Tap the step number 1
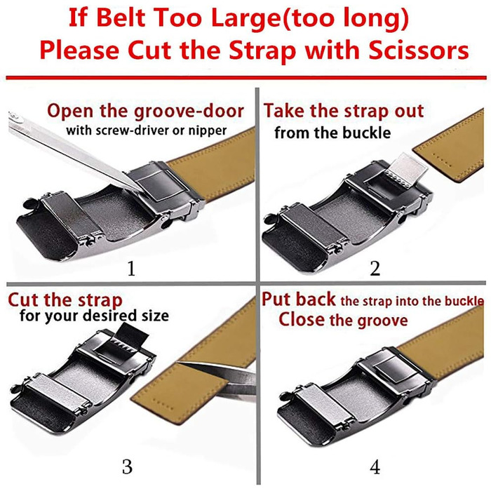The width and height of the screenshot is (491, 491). click(132, 269)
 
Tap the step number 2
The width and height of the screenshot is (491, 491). click(375, 269)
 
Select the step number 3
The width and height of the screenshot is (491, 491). click(127, 467)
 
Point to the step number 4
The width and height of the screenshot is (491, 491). click(375, 467)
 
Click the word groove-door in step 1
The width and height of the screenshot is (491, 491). click(189, 112)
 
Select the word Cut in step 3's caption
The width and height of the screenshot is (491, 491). click(24, 300)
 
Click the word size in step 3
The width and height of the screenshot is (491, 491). click(155, 316)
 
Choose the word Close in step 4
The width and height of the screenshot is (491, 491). click(302, 320)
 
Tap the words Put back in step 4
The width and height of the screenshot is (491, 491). click(298, 300)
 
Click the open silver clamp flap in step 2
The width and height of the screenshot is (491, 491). click(406, 170)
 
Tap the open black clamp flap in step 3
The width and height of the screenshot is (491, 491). click(132, 337)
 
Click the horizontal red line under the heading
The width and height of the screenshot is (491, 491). click(245, 77)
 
